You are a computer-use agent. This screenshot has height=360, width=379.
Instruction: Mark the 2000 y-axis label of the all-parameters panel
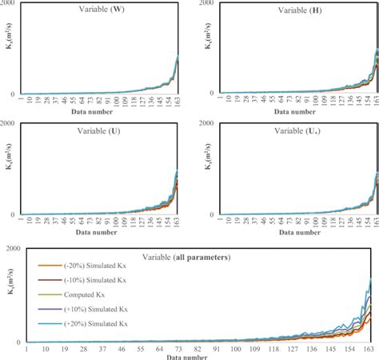point(13,250)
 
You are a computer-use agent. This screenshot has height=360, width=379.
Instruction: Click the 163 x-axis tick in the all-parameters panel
point(369,350)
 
